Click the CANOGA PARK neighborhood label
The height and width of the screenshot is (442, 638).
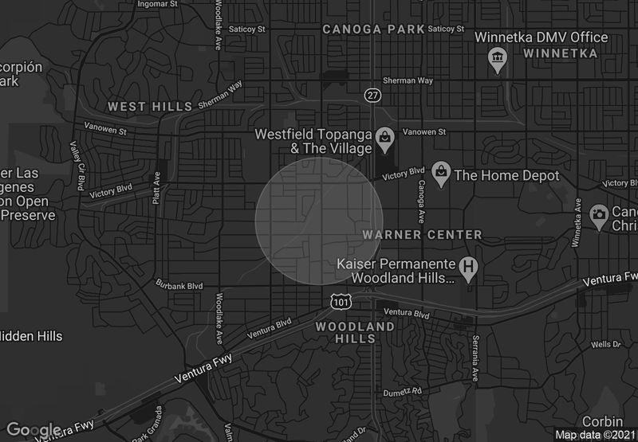pos(373,29)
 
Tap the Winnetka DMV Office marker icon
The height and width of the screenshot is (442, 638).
pos(498,58)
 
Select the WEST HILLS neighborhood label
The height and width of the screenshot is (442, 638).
pos(150,106)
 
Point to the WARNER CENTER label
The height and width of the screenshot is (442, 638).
pos(422,235)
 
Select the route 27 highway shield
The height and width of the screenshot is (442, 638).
pos(372,95)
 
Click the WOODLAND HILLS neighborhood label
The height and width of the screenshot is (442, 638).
pos(355,332)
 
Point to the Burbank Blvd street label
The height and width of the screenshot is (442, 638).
pos(179,285)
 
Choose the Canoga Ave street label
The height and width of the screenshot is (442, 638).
pos(421,200)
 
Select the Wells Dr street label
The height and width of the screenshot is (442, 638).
pos(606,344)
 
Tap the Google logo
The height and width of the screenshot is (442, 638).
pos(33,430)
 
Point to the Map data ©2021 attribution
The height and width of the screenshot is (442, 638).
pos(595,435)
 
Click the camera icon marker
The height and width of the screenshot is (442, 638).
pos(598,215)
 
